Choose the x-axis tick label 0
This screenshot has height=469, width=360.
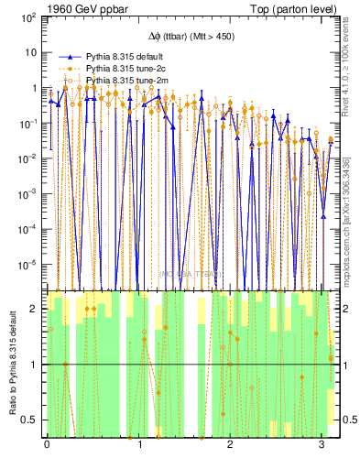click(x=47, y=446)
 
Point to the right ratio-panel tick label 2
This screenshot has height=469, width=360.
click(x=346, y=309)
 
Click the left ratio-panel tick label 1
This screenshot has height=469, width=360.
click(x=34, y=365)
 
